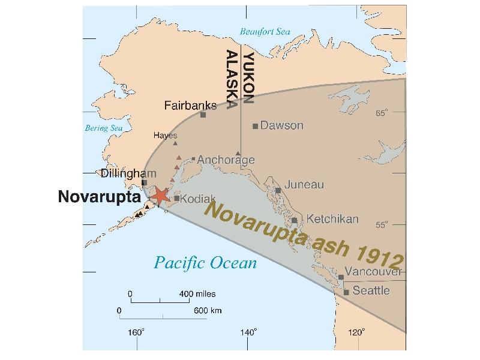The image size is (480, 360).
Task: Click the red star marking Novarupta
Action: (160, 196)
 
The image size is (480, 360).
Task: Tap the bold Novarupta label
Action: (99, 197)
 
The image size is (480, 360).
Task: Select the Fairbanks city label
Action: (190, 106)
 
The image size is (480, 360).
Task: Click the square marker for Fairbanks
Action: (203, 115)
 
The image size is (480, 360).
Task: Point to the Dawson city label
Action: (282, 125)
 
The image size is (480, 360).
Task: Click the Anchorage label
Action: (226, 160)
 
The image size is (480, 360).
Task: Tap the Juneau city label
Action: (304, 184)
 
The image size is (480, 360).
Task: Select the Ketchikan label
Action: (332, 218)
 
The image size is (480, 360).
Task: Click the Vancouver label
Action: (374, 272)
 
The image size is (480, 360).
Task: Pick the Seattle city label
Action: (371, 290)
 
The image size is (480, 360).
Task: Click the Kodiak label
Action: (194, 198)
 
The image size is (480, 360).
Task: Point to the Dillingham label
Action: (124, 174)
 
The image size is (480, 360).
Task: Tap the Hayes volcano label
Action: (165, 136)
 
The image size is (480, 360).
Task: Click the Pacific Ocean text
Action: (205, 263)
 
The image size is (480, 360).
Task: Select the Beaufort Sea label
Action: (265, 32)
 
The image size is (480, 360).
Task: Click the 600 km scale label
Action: (207, 310)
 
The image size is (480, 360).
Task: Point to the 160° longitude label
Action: (135, 332)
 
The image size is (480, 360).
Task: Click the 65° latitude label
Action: (382, 113)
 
